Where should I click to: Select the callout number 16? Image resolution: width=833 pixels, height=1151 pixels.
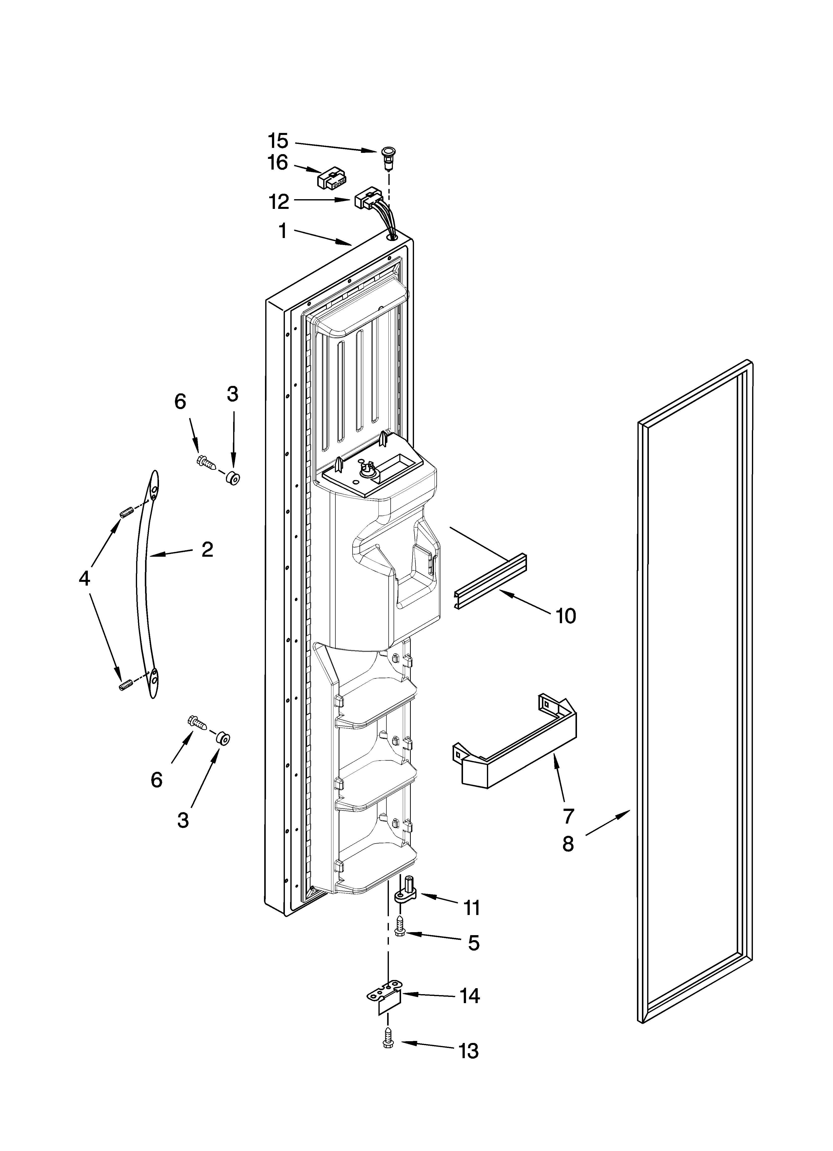point(277,163)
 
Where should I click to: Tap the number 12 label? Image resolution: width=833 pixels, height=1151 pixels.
point(278,202)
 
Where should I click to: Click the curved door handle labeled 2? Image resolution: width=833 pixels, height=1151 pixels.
point(146,584)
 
